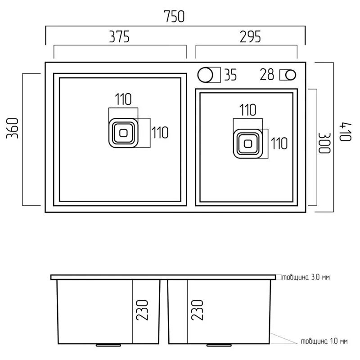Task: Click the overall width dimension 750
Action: click(174, 17)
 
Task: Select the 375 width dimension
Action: click(119, 37)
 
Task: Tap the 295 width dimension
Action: click(250, 37)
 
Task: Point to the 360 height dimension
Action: click(13, 128)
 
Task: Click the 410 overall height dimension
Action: click(345, 132)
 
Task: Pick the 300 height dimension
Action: click(324, 143)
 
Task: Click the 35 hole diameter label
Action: click(230, 75)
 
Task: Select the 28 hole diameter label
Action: click(267, 74)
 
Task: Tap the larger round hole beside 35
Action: click(205, 75)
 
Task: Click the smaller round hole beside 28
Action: click(291, 75)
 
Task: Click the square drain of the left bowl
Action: click(123, 133)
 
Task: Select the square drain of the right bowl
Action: click(248, 144)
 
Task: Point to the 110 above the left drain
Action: click(123, 99)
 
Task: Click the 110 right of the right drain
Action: click(279, 144)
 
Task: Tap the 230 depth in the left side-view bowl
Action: click(142, 310)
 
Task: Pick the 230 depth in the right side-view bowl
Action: click(197, 310)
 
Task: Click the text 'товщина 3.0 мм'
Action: click(306, 277)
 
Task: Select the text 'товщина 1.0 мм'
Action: click(324, 342)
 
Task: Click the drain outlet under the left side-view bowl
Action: click(108, 345)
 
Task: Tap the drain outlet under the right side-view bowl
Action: click(219, 345)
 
